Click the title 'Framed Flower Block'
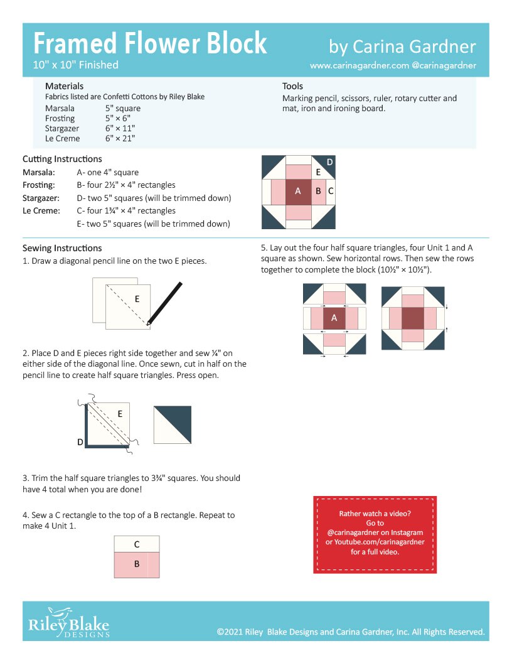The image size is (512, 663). pos(150,44)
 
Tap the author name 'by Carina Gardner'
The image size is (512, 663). pos(402,46)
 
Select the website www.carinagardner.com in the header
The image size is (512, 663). pos(359,65)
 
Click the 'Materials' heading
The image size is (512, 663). pos(64,86)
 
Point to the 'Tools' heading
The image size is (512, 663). pos(292,86)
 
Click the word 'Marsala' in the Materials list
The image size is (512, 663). pos(60,108)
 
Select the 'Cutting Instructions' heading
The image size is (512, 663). pos(62,159)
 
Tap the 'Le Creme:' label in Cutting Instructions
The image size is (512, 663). pos(41,211)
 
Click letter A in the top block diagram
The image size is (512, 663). pos(297,191)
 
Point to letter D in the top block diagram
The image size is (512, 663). pos(329,163)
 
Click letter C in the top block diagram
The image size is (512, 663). pos(330,191)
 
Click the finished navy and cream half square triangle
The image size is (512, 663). pos(173,425)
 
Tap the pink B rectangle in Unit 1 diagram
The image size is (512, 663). pos(136,564)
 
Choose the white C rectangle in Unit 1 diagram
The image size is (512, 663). pos(136,544)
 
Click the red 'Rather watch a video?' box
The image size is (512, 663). pos(375,534)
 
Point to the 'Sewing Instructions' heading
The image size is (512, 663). pos(61,248)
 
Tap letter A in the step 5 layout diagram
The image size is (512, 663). pos(334,318)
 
